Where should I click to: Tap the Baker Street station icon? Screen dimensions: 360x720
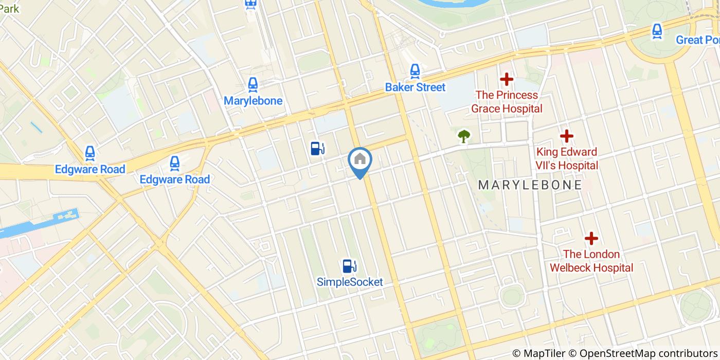415,71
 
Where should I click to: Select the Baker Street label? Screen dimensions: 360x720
415,87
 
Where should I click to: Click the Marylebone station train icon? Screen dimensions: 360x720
253,84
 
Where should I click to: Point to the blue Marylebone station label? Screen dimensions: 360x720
253,101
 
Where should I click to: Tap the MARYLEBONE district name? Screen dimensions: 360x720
530,185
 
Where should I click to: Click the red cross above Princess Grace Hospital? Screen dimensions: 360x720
507,79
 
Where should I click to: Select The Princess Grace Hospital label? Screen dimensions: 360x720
507,102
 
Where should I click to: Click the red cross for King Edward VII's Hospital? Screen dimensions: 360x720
567,136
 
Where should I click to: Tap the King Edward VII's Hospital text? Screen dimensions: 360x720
567,158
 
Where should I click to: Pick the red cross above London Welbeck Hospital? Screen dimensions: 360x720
591,239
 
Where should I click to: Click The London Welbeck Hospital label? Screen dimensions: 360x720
591,261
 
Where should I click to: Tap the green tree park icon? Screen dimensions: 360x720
464,136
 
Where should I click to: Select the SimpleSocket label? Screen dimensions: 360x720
350,282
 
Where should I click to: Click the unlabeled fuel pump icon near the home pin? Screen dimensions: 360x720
317,149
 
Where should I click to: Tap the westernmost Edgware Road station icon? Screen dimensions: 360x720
90,153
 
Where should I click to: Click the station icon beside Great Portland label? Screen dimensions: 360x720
657,31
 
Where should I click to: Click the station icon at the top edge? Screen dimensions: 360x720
251,4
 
